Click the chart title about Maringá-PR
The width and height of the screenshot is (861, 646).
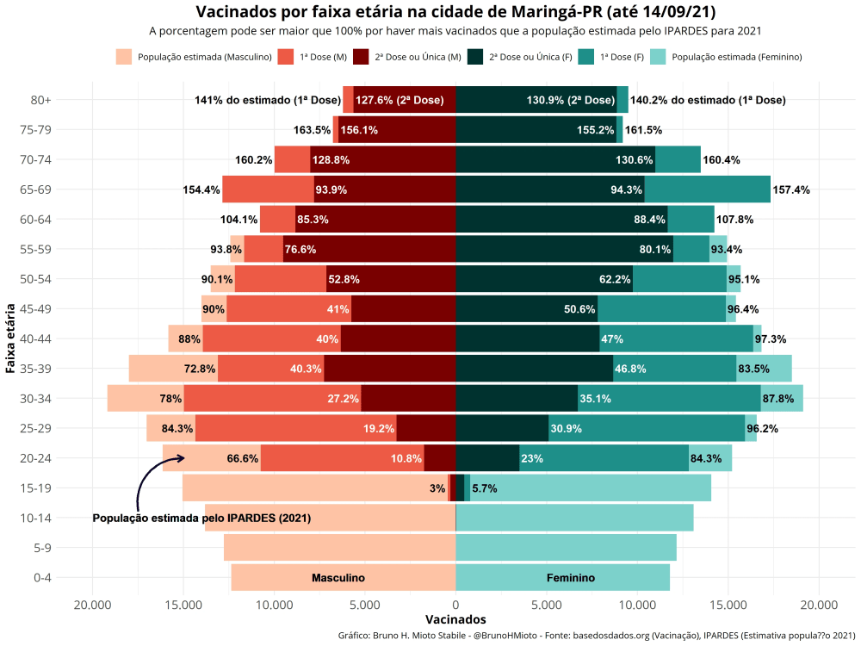(x=455, y=12)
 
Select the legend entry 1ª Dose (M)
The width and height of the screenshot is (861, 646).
(x=322, y=57)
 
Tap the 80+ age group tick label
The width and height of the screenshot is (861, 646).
(x=41, y=100)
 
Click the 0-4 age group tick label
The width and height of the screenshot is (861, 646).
(x=41, y=578)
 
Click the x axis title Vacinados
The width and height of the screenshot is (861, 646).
(x=455, y=620)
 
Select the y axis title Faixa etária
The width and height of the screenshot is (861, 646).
(x=10, y=338)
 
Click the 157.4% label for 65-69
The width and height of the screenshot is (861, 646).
(x=790, y=189)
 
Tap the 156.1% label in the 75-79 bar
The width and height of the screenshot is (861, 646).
(x=358, y=130)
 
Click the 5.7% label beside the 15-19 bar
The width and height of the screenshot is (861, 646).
(x=484, y=488)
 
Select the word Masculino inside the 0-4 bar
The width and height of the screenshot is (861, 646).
(x=338, y=578)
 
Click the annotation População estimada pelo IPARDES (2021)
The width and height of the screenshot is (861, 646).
(x=201, y=519)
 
